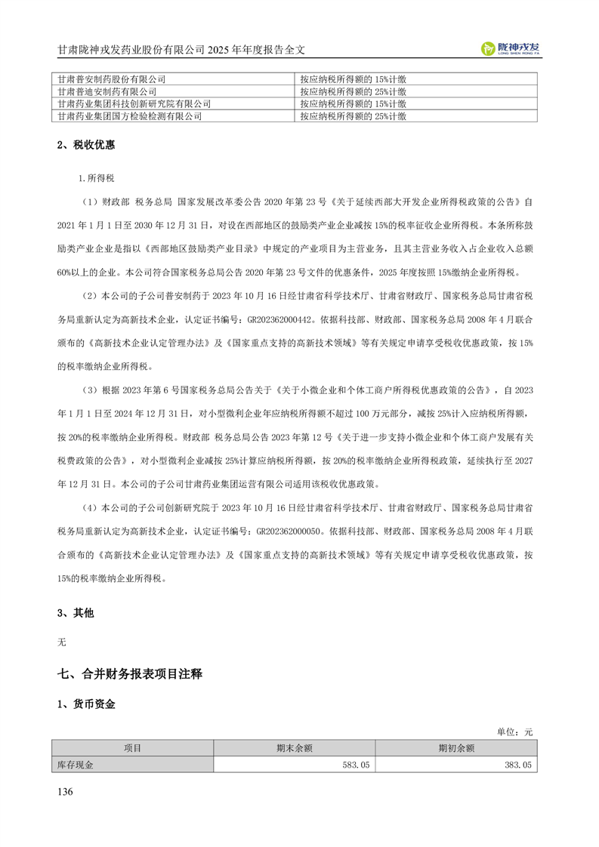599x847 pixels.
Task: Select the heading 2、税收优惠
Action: (x=85, y=145)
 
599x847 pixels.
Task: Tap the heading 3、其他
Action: (x=76, y=613)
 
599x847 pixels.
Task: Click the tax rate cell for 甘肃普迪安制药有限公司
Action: (x=353, y=91)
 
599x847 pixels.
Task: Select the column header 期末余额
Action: (x=295, y=748)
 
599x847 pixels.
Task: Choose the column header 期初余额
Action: (x=456, y=748)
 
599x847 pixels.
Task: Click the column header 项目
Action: (x=133, y=748)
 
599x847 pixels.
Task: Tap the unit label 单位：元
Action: (x=514, y=731)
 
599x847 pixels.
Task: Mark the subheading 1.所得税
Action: (x=97, y=177)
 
